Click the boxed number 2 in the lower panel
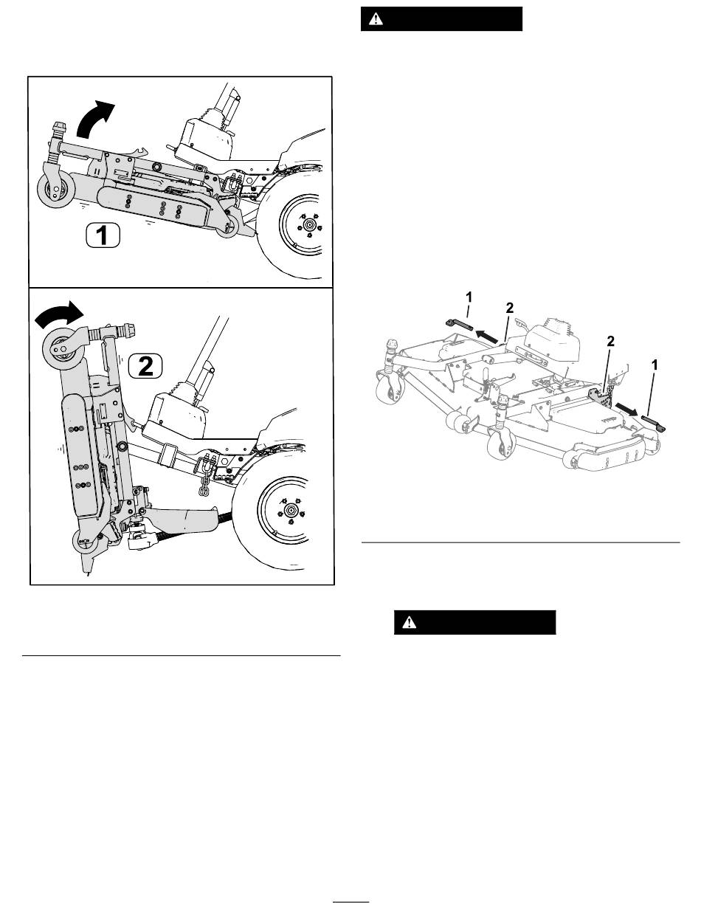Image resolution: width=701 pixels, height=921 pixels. click(145, 366)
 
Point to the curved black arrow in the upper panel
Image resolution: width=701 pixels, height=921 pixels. click(94, 120)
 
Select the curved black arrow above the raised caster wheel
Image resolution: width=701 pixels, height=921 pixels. click(59, 314)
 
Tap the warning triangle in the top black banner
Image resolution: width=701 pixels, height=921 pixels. click(376, 19)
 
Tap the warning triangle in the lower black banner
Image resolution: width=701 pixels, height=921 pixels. click(409, 622)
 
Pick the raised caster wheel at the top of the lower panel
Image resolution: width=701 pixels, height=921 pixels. click(63, 349)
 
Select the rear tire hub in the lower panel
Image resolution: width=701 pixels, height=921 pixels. click(290, 510)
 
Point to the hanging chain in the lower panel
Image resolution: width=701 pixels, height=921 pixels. click(204, 484)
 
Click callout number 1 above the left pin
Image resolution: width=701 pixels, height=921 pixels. click(469, 297)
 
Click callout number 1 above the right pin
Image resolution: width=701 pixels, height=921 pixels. click(655, 365)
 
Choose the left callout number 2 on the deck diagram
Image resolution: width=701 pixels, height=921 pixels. click(509, 308)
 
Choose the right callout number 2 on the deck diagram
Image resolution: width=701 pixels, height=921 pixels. click(610, 341)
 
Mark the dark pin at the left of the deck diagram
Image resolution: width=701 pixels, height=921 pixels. click(458, 325)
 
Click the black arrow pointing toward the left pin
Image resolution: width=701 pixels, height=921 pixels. click(488, 336)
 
